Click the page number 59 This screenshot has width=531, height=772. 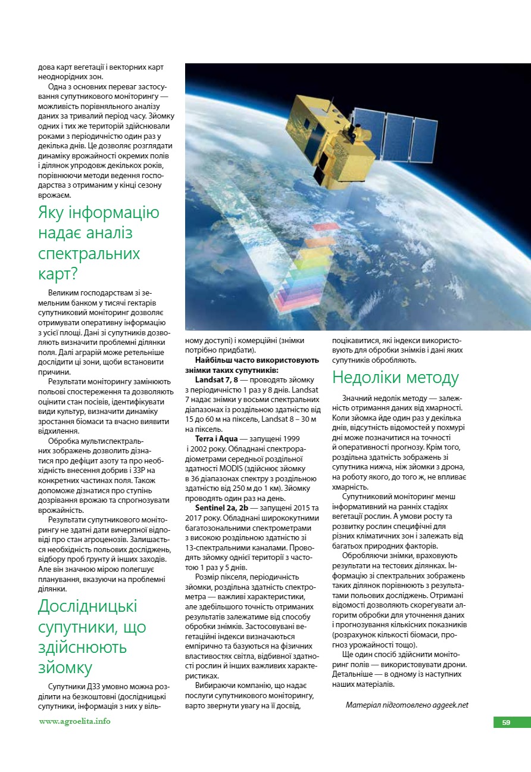[x=506, y=723]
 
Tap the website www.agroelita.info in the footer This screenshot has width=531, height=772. [x=74, y=721]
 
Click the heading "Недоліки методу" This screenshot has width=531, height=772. [x=395, y=378]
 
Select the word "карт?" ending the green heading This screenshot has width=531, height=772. [x=58, y=273]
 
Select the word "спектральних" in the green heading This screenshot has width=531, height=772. [x=89, y=253]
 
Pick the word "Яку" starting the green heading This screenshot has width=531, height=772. [x=52, y=213]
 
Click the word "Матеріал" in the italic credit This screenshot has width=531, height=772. [x=364, y=705]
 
